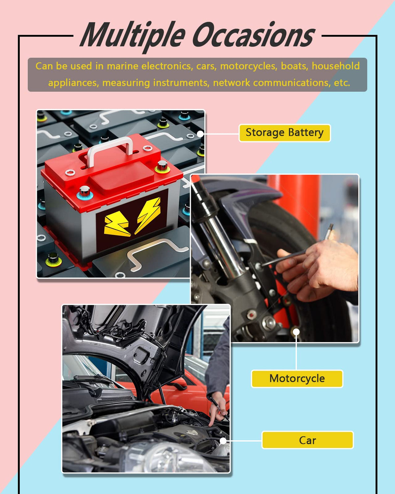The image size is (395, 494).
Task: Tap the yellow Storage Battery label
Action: click(285, 133)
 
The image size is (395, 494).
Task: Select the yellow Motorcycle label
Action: click(297, 378)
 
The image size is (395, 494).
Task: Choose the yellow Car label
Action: click(307, 440)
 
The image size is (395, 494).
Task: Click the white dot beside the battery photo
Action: click(200, 134)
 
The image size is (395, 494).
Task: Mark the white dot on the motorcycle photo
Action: click(296, 332)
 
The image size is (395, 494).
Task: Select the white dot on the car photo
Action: click(223, 441)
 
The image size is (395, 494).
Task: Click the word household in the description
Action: click(335, 66)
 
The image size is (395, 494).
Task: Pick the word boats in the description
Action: click(295, 66)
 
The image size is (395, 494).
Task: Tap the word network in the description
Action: click(231, 83)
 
